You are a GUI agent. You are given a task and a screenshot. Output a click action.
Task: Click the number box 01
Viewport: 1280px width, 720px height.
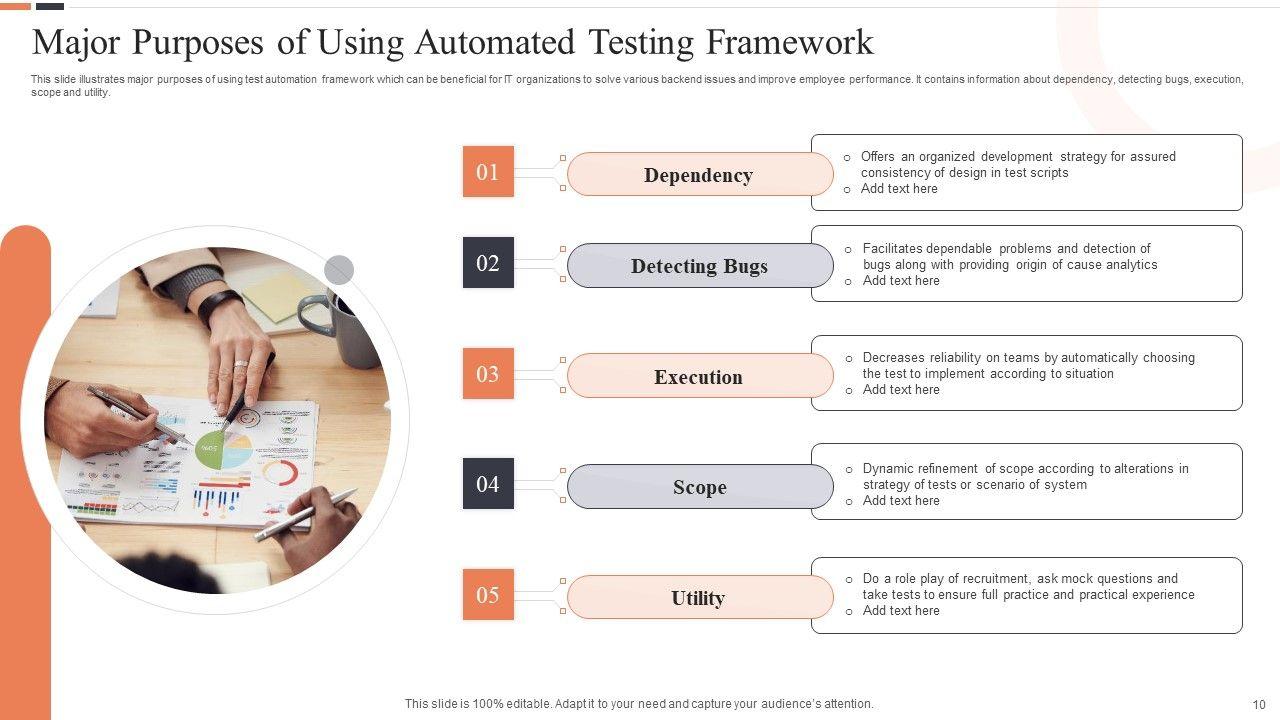click(x=488, y=172)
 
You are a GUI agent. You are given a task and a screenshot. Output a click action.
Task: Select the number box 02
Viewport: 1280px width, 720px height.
click(x=488, y=263)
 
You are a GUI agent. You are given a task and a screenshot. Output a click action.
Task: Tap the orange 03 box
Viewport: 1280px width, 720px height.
click(x=488, y=374)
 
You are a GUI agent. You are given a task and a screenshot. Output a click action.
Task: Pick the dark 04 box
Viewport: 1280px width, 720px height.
click(x=488, y=484)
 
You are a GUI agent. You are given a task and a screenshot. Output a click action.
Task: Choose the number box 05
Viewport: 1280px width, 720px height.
click(x=488, y=595)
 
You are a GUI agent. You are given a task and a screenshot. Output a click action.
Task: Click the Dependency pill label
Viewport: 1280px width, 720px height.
click(x=699, y=175)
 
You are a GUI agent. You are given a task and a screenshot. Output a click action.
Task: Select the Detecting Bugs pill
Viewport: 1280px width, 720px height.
click(x=699, y=266)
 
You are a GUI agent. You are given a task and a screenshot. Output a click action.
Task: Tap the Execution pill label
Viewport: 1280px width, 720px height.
click(x=699, y=377)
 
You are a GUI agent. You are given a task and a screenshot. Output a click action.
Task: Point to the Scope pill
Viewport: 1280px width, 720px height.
click(x=699, y=487)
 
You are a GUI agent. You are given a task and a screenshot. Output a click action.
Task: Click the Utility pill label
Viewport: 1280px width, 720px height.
click(x=699, y=598)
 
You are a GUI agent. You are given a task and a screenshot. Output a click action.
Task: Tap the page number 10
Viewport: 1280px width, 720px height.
click(x=1259, y=704)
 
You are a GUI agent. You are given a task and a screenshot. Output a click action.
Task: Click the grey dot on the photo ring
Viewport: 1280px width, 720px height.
click(x=339, y=270)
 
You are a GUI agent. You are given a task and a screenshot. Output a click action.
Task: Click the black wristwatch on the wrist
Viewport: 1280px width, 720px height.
click(x=219, y=304)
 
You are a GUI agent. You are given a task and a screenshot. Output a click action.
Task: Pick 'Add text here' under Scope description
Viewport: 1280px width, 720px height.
click(x=901, y=501)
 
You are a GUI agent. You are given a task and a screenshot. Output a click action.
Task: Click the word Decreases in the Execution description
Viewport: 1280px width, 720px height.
click(x=894, y=358)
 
